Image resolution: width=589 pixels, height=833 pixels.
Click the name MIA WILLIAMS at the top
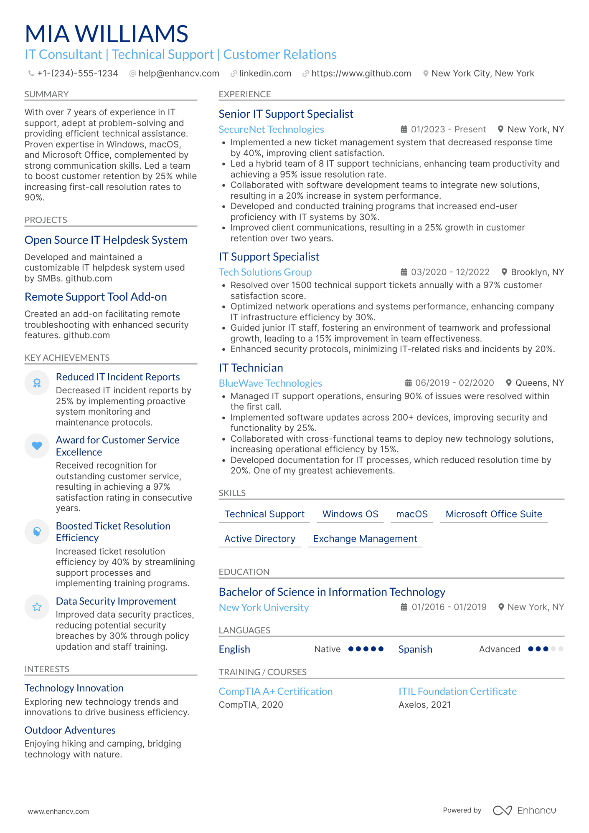[x=107, y=34]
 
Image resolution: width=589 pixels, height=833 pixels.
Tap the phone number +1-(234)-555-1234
[x=77, y=73]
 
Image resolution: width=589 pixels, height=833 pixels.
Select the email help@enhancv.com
[x=178, y=73]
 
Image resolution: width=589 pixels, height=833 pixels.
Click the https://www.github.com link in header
[x=361, y=73]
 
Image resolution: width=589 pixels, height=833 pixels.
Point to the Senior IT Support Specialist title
[x=286, y=114]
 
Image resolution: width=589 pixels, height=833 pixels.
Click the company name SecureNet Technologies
[x=271, y=129]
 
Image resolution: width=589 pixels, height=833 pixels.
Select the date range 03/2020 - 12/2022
[x=450, y=272]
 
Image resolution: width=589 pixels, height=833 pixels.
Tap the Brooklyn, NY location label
[x=537, y=272]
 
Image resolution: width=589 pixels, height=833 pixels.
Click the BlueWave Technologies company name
[x=270, y=383]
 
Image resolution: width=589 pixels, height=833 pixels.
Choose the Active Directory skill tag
[x=260, y=539]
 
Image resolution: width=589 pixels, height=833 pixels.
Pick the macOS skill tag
[x=411, y=514]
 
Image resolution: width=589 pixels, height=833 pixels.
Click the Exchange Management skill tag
[x=365, y=539]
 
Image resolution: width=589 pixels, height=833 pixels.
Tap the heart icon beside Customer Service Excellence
[x=37, y=446]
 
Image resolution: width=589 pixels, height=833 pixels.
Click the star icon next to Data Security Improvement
[x=37, y=607]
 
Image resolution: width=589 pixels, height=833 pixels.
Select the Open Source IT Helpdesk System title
[x=106, y=240]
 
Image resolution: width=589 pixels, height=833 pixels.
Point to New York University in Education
[x=264, y=608]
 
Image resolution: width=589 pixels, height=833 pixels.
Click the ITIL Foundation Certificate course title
[x=457, y=691]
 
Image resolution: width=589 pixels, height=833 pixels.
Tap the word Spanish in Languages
[x=415, y=649]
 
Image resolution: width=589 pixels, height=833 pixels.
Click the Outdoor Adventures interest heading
[x=70, y=730]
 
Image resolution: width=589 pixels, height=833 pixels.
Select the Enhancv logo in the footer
[x=524, y=810]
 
